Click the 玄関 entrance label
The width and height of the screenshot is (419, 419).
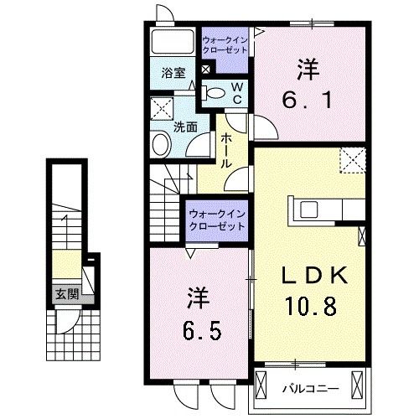pos(68,294)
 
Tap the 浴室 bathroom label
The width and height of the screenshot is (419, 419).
pos(173,73)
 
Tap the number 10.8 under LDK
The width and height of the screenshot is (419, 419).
pos(314,306)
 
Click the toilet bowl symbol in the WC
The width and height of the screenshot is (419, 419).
pos(215,93)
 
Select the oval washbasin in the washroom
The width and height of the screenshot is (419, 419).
pos(161,146)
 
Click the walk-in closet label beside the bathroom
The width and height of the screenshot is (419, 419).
pos(225,44)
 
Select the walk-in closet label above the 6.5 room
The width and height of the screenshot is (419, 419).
pos(217,220)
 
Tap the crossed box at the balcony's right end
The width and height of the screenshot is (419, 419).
pos(360,388)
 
